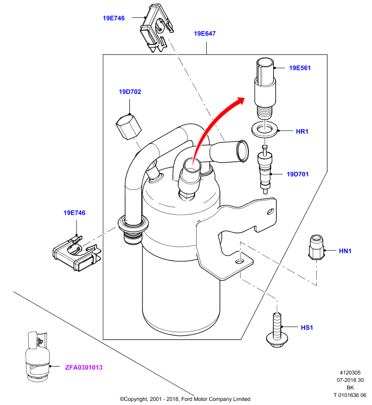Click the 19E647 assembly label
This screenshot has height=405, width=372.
click(204, 33)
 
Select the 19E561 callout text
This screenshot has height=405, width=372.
click(300, 68)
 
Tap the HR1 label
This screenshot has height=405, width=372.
click(302, 132)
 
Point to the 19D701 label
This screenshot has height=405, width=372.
click(297, 174)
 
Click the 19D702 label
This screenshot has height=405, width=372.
click(130, 92)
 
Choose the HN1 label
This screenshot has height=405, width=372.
click(345, 251)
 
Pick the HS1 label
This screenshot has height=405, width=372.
click(307, 328)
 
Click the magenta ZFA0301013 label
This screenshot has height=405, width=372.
click(84, 368)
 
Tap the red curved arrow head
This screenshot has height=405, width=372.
click(240, 101)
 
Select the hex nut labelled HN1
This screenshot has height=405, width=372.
click(316, 247)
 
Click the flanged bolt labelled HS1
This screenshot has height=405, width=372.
click(277, 330)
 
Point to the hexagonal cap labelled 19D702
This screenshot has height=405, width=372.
click(129, 127)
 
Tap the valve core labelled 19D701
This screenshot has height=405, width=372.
click(265, 169)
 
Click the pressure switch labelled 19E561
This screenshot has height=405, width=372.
click(265, 88)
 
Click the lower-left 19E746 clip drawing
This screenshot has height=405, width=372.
click(77, 253)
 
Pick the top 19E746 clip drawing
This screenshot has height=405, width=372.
click(156, 28)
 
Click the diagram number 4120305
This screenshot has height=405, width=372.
click(350, 373)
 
